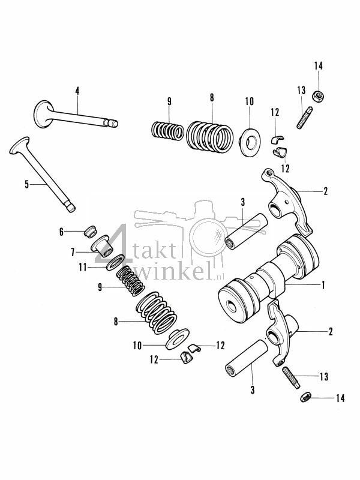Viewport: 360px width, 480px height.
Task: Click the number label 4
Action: pyautogui.click(x=77, y=90)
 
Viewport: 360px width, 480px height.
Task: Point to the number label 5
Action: pyautogui.click(x=26, y=184)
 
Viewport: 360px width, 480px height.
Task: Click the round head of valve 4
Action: pyautogui.click(x=43, y=114)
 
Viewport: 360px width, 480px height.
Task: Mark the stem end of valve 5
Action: pyautogui.click(x=70, y=208)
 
